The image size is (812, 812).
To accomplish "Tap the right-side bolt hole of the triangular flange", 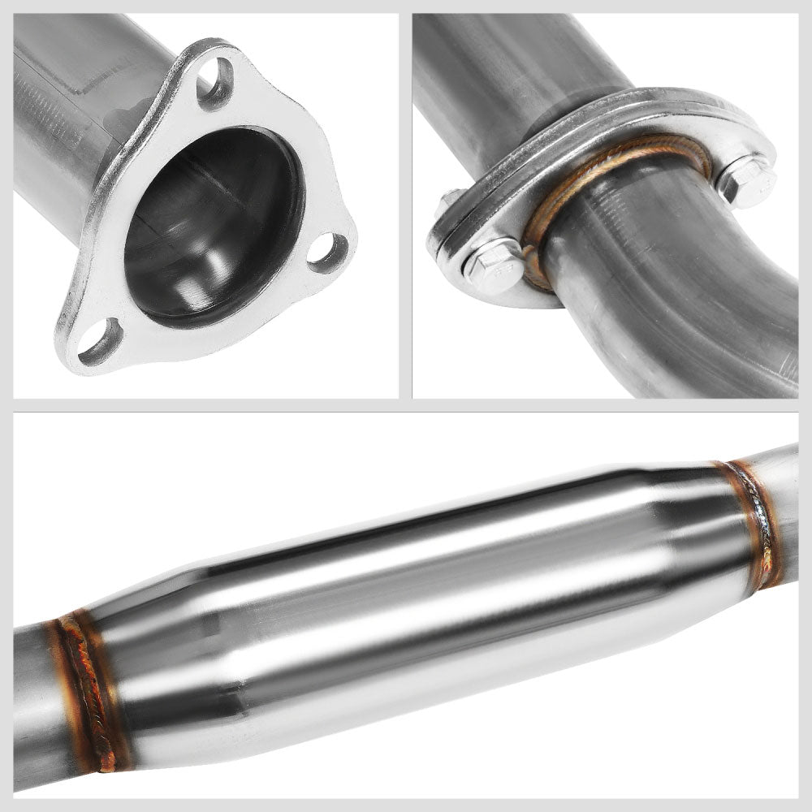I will click(x=329, y=252).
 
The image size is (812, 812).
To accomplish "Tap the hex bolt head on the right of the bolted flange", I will click(x=745, y=179).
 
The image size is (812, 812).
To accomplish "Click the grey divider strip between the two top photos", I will click(x=405, y=203).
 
